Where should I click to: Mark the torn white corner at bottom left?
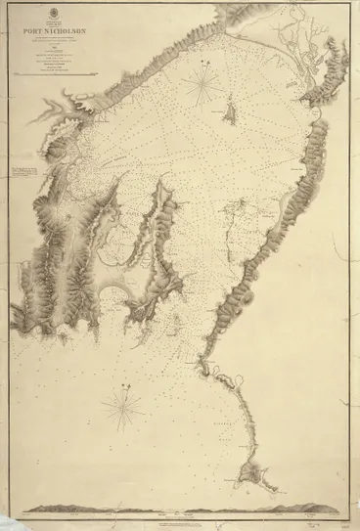click(8, 523)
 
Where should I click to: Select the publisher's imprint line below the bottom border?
click(181, 518)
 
